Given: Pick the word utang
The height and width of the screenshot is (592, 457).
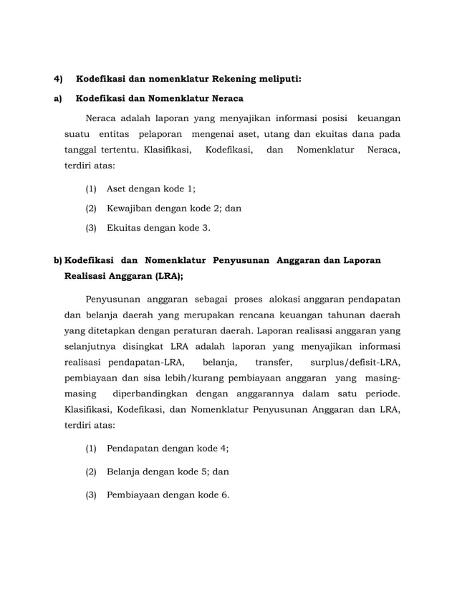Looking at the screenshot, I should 279,134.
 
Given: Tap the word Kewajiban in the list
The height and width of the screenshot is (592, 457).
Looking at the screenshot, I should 130,209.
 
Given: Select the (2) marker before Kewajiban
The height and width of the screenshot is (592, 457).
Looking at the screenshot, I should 91,209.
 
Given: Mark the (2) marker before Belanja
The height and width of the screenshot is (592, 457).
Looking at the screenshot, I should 91,472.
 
